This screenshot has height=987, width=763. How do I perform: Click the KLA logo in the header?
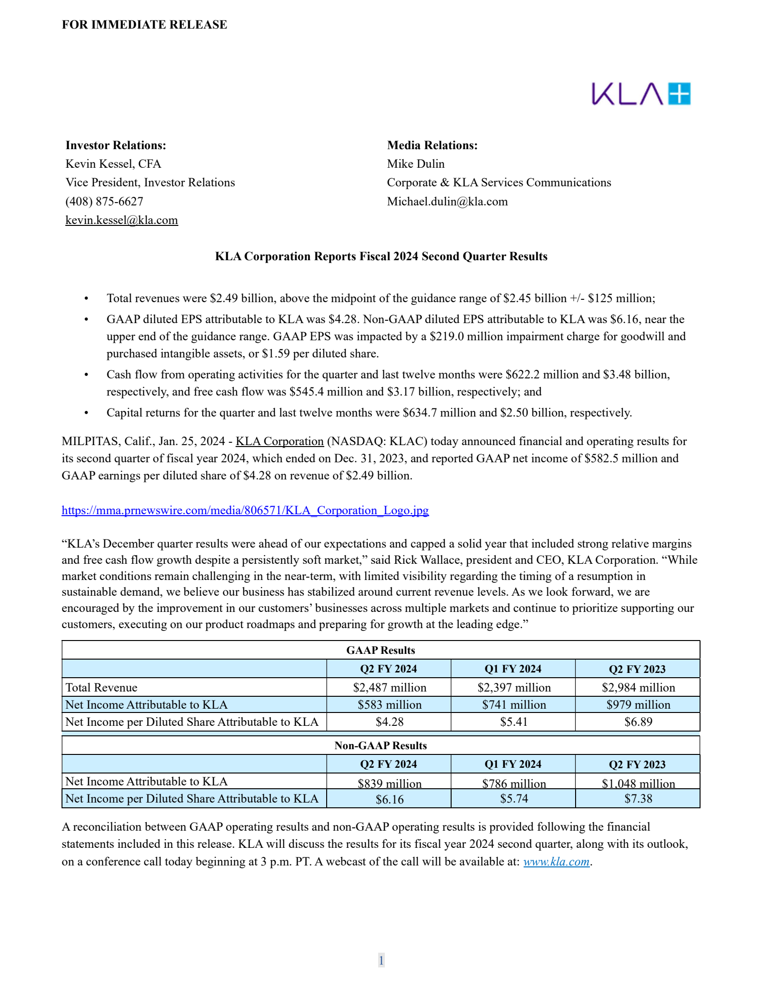640,94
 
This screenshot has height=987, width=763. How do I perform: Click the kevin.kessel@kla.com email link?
122,220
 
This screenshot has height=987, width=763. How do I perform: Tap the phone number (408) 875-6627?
104,202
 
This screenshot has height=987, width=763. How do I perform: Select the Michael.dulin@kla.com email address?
447,202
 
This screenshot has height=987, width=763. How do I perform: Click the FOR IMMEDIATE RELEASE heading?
144,25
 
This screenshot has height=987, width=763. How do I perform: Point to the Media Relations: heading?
432,145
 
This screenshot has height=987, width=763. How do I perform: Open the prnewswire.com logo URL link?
245,510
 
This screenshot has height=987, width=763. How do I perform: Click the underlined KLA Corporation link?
280,441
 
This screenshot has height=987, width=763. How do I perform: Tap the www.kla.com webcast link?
556,862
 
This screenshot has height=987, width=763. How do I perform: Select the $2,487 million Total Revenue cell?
390,688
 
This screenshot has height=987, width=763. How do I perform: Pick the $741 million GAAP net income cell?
514,705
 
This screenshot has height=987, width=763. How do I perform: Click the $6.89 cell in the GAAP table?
638,722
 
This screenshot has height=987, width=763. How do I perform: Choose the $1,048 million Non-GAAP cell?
638,783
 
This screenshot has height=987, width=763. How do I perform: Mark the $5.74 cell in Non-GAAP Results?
514,799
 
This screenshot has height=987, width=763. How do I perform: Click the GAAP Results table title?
381,651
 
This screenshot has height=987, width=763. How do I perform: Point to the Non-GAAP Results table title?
381,746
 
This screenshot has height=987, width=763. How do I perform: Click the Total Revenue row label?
102,688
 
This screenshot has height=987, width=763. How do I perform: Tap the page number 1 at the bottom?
381,960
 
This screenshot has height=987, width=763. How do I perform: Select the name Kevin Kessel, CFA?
113,164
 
